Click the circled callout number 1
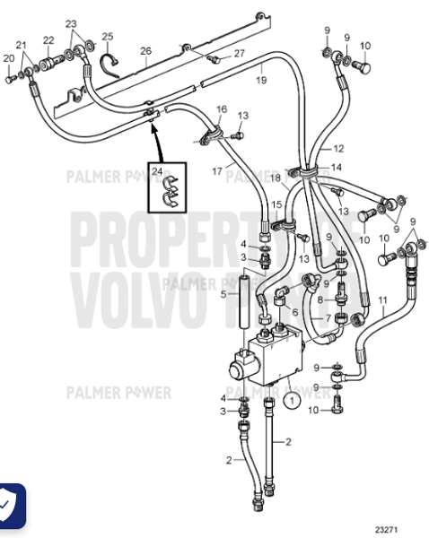(x=290, y=403)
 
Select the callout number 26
(x=145, y=51)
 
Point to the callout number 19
(x=262, y=81)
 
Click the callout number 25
(x=108, y=36)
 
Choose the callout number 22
(x=48, y=39)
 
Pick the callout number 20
(x=8, y=57)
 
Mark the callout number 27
(x=240, y=54)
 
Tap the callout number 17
(x=216, y=170)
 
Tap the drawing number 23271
(x=386, y=529)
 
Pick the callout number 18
(x=276, y=178)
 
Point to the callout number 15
(x=277, y=205)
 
